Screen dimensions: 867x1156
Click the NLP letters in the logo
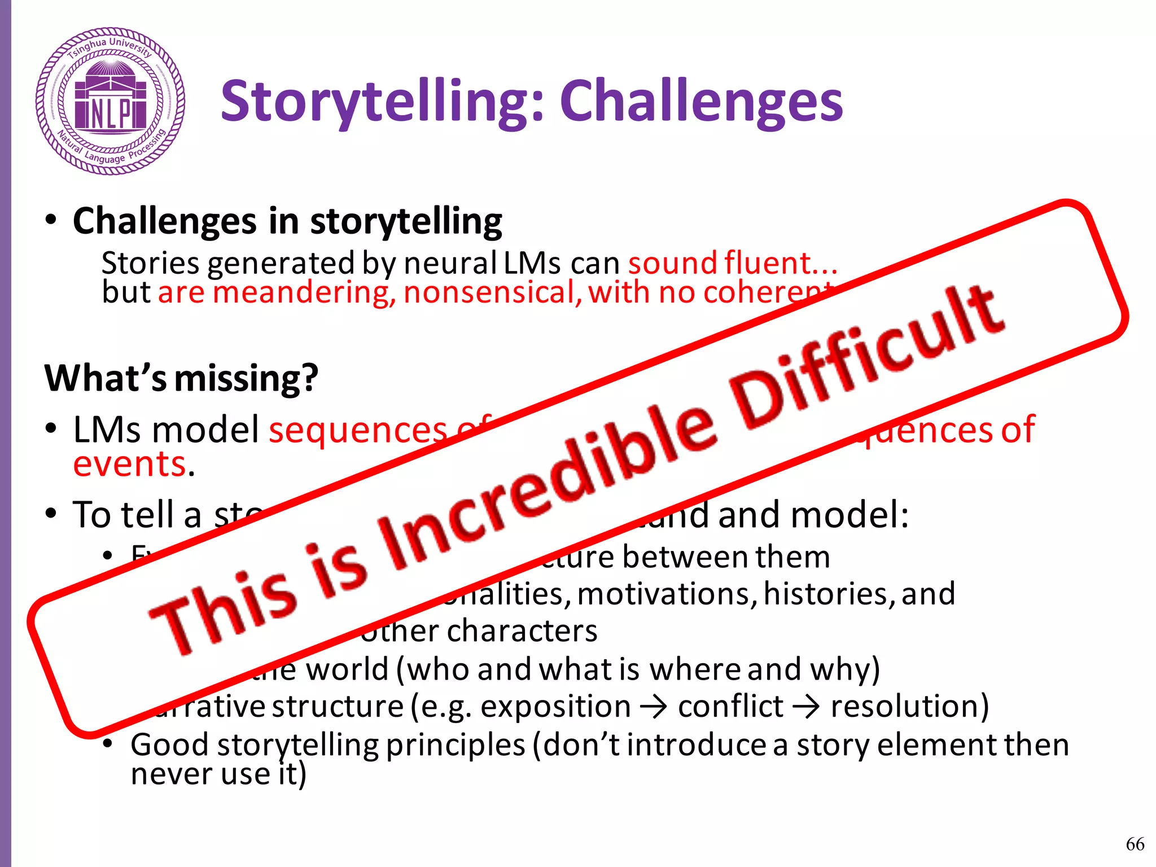coord(111,113)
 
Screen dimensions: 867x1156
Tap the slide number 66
coord(1135,844)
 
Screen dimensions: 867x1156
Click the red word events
coord(130,464)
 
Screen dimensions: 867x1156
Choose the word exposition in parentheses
coord(555,707)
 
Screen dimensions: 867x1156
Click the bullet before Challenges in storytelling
coord(51,221)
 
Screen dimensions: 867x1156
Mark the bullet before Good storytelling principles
coord(108,745)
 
